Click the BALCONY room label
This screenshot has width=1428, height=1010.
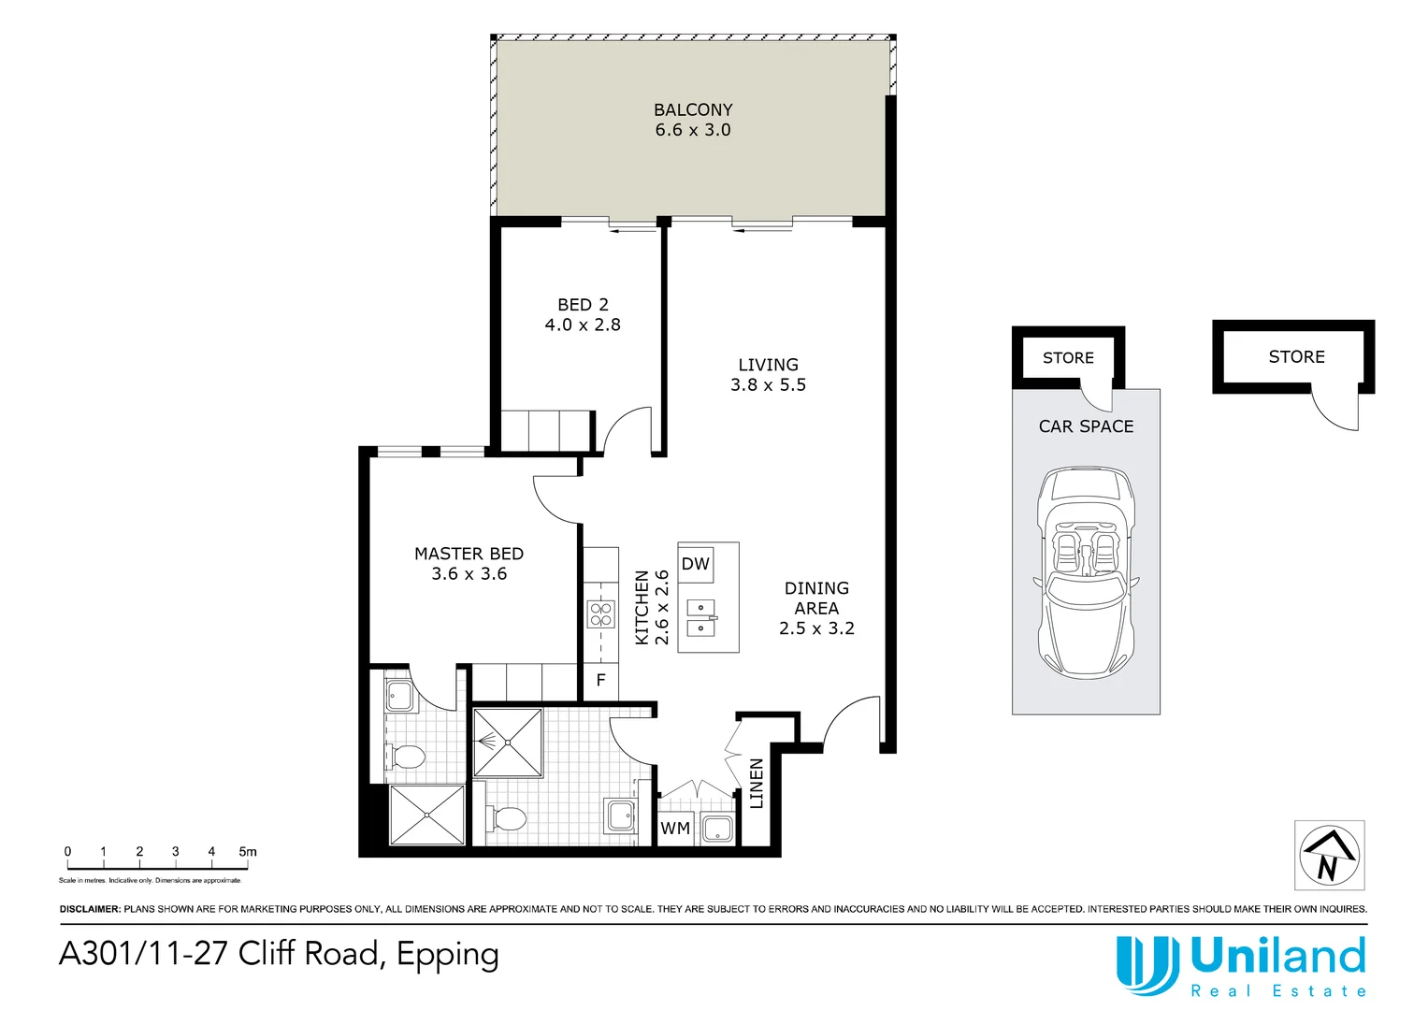pos(693,109)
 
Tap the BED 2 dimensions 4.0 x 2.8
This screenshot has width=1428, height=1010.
pos(583,325)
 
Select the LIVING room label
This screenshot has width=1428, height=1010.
pos(768,365)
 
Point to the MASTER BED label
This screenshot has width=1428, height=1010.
pos(469,554)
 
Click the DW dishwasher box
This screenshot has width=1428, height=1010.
pos(696,564)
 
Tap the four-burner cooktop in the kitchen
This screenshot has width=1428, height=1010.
pos(600,614)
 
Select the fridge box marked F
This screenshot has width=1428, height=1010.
pos(600,680)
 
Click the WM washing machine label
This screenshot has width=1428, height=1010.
pos(675,829)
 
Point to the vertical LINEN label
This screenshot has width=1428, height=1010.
pos(757,784)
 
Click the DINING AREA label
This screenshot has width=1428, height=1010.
pos(816,598)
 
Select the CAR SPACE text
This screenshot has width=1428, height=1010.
pos(1086,426)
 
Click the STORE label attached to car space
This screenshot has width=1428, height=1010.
pos(1068,358)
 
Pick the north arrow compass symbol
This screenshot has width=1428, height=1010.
pos(1329,855)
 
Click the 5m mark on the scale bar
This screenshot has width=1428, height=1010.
pos(247,852)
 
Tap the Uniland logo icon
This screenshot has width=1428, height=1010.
pos(1147,964)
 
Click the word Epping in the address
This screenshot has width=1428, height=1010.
pos(447,955)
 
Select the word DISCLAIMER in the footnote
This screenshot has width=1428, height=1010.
pos(90,909)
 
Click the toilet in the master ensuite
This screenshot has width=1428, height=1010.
pos(408,756)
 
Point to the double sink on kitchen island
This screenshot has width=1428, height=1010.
pos(700,618)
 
